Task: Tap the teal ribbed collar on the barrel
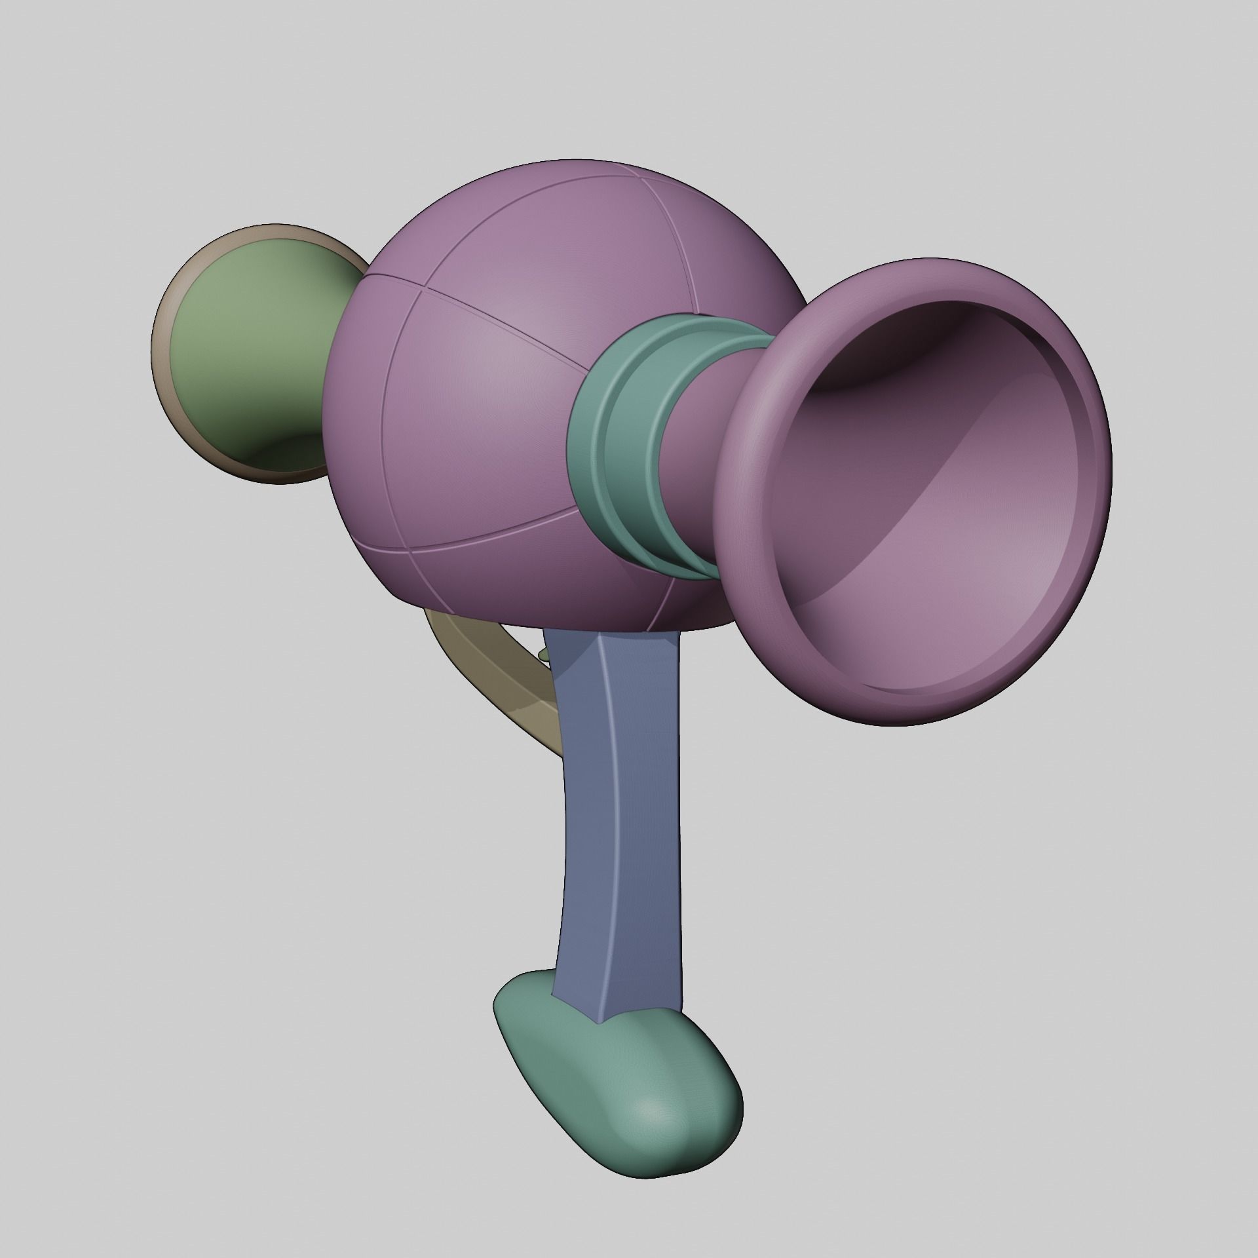(x=629, y=446)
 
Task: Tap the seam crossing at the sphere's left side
(x=427, y=289)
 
